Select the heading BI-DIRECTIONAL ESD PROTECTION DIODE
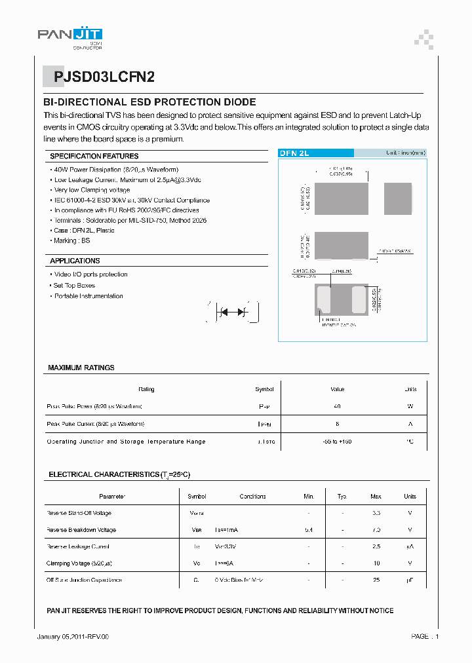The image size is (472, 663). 149,102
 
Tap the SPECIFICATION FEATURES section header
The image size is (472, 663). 94,156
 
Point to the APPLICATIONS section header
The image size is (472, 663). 75,261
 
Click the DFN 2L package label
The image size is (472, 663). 294,153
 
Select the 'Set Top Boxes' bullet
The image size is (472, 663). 74,285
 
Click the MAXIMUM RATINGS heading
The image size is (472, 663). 81,368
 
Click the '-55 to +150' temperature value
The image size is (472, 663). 338,442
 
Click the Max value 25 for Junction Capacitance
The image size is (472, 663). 376,580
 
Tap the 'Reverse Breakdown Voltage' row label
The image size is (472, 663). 81,529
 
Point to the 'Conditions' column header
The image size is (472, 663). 252,497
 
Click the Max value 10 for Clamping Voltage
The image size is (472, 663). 376,563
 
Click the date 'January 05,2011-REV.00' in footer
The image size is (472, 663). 72,636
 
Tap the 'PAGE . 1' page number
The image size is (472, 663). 425,636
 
